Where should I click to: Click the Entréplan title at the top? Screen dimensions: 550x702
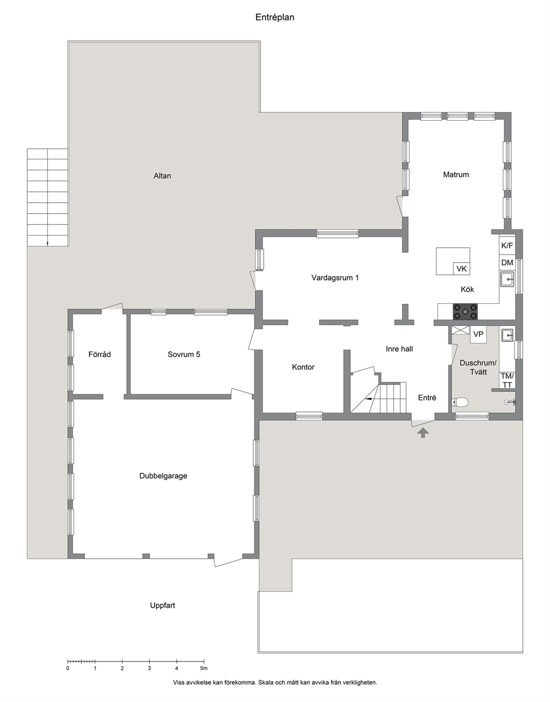click(274, 17)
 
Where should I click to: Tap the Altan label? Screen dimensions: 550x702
click(162, 176)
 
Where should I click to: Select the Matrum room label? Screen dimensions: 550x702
click(456, 175)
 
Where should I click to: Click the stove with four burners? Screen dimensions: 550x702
click(465, 312)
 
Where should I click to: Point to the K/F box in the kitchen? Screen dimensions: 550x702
click(507, 246)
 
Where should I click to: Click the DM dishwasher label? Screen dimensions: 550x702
click(507, 263)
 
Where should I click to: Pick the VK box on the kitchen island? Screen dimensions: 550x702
click(461, 268)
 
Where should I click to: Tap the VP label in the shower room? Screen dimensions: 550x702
click(478, 334)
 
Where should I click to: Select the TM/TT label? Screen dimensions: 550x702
click(507, 380)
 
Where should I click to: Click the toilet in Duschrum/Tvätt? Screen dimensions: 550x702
click(460, 402)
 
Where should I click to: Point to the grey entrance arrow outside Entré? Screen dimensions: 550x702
click(423, 433)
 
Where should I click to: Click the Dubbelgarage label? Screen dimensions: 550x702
click(163, 476)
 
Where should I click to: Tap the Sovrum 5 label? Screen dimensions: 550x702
click(184, 354)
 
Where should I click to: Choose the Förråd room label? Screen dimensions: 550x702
click(99, 354)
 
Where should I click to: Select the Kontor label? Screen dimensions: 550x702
click(303, 367)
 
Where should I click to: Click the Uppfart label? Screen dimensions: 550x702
click(162, 606)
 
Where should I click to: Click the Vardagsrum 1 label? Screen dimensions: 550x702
click(335, 277)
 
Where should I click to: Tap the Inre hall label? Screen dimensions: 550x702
click(399, 349)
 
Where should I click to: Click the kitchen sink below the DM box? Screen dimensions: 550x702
click(507, 279)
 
